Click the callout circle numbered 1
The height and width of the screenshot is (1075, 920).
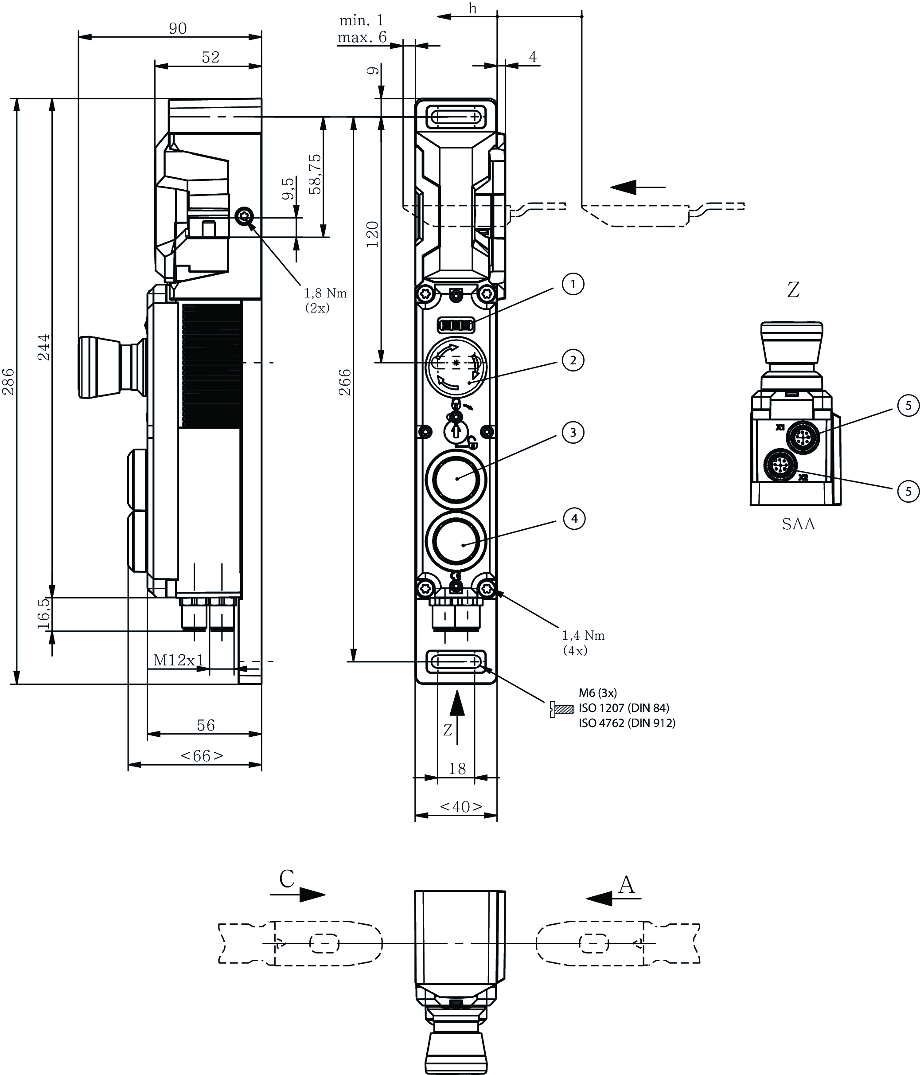click(x=573, y=284)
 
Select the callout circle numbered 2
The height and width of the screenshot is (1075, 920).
click(x=573, y=360)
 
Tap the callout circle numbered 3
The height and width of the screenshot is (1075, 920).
click(x=573, y=433)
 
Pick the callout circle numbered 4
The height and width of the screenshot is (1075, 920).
click(x=574, y=518)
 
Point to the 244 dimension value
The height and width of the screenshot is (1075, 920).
click(x=45, y=347)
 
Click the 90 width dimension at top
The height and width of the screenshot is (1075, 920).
click(x=177, y=28)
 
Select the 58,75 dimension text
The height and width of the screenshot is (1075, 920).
click(x=315, y=174)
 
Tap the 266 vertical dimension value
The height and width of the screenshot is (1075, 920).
click(x=345, y=383)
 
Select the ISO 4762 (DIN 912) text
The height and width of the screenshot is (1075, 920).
click(x=627, y=723)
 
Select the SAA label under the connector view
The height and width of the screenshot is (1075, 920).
click(x=798, y=524)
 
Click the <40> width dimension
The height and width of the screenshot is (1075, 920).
click(x=461, y=807)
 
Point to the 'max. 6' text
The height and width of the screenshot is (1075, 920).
click(x=362, y=37)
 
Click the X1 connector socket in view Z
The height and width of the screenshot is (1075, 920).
click(x=799, y=438)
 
